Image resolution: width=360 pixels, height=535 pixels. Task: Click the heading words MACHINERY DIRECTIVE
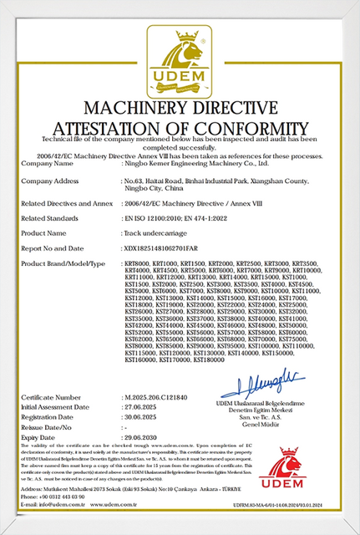pyautogui.click(x=180, y=109)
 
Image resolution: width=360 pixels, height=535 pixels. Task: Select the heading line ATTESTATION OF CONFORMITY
pyautogui.click(x=180, y=127)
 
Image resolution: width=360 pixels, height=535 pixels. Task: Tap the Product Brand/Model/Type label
pyautogui.click(x=63, y=263)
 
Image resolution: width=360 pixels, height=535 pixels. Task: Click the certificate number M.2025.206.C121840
pyautogui.click(x=162, y=397)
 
